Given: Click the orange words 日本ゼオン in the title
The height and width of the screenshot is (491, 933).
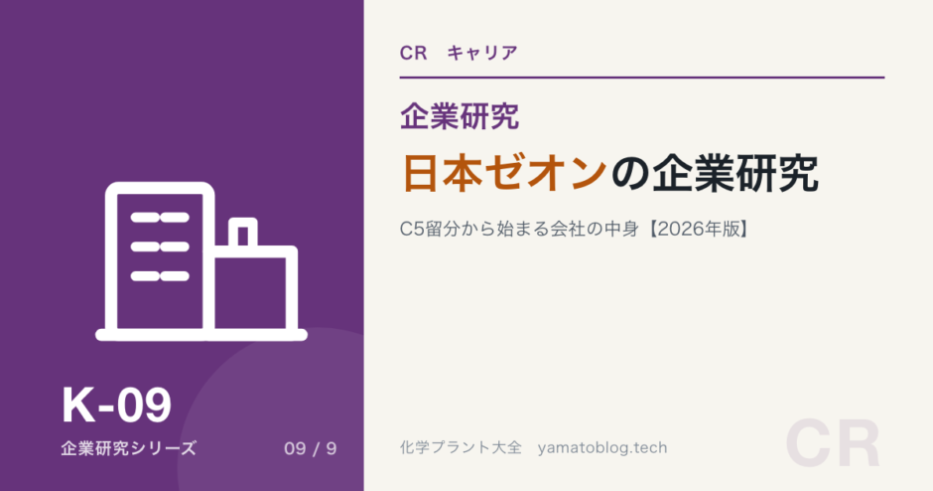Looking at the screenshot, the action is (505, 173).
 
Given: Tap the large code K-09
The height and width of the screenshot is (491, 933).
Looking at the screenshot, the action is (117, 406).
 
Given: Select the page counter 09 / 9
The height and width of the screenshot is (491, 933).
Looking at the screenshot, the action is (311, 448).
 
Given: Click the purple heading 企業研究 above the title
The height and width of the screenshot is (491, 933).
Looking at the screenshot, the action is (460, 116).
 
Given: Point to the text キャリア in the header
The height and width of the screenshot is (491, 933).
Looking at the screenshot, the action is (482, 53).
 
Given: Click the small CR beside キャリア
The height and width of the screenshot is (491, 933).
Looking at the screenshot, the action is (414, 53).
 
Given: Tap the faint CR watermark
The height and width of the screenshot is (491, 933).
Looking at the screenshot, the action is (833, 444).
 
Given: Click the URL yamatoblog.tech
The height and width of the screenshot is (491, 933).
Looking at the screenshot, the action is (602, 447).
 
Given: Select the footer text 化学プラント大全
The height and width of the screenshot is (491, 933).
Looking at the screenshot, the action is (461, 447).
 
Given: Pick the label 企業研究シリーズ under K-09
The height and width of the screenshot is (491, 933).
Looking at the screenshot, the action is (128, 448).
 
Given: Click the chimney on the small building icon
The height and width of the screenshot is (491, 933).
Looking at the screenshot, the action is (243, 233).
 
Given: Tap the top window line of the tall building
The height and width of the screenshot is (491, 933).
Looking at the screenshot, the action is (160, 218).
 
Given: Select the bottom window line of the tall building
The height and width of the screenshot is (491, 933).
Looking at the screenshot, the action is (160, 276).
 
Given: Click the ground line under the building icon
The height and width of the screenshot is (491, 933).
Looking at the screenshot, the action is (201, 335).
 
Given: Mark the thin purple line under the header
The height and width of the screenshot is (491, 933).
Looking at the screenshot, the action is (642, 78).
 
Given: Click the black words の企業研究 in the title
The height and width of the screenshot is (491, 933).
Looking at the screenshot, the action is (715, 173).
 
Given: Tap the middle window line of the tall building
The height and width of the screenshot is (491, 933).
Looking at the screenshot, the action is (160, 246).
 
